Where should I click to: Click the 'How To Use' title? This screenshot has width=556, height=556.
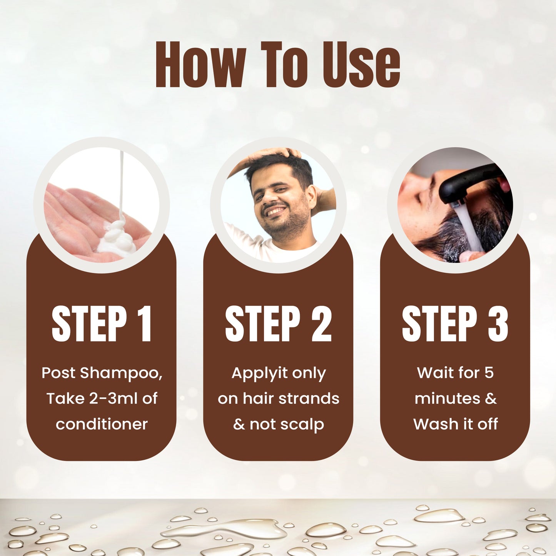tap(278, 64)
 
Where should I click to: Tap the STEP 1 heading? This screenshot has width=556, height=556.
tap(102, 324)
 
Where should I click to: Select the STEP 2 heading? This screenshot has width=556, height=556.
tap(278, 324)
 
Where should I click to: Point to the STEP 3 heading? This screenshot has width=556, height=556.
tap(455, 324)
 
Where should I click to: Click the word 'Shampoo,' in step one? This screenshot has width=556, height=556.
tap(121, 373)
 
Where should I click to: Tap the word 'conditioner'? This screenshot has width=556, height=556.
tap(102, 424)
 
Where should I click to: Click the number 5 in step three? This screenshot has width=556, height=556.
tap(489, 372)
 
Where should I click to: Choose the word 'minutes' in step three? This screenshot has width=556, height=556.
tap(447, 399)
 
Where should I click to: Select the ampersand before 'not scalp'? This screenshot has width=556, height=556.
tap(239, 424)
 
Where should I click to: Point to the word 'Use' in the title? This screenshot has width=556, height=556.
tap(361, 64)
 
